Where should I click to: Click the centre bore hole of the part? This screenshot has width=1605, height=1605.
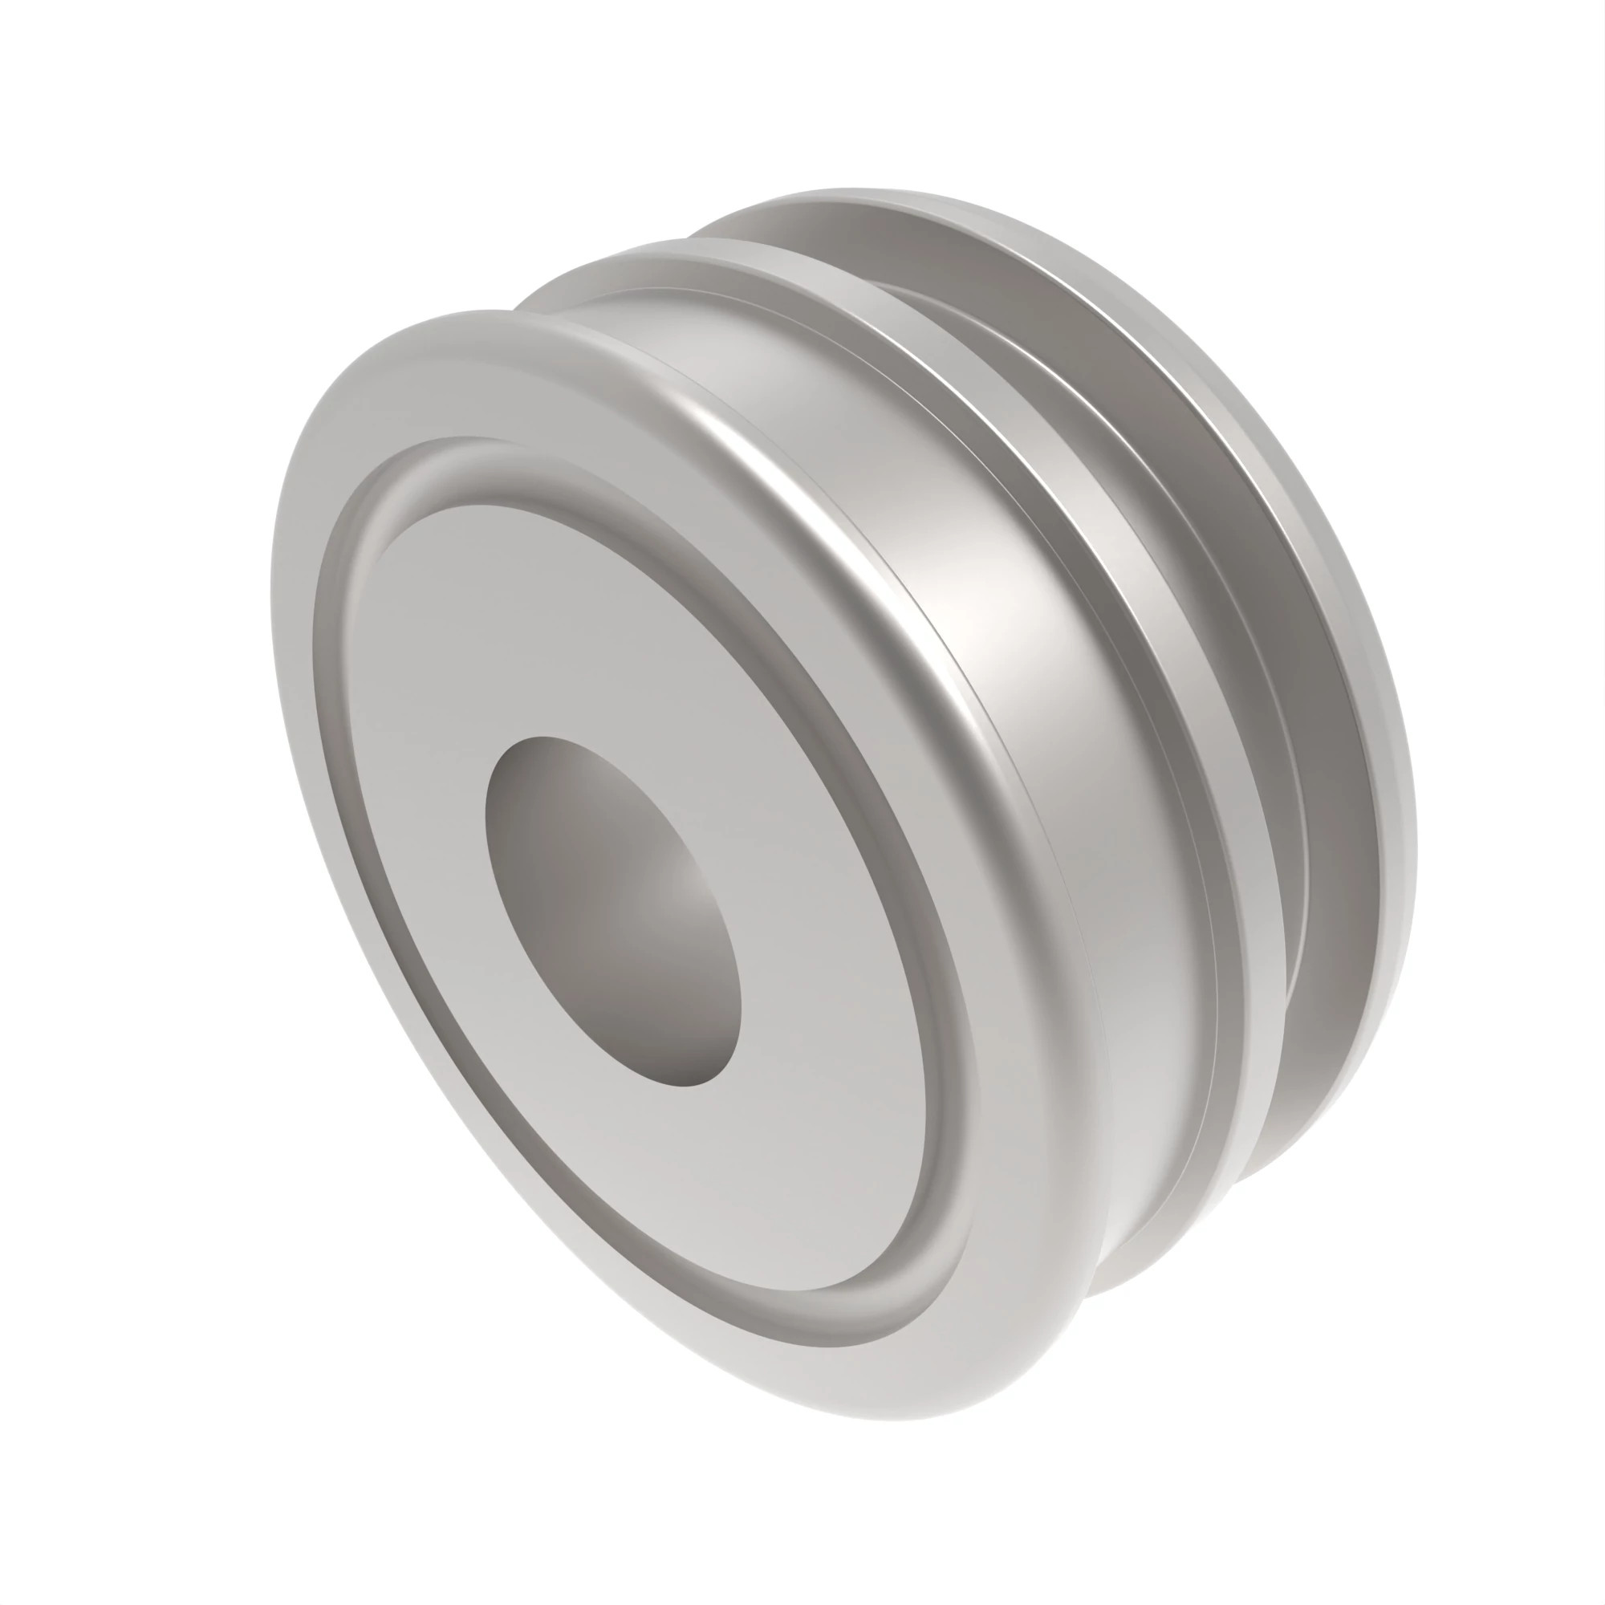click(612, 910)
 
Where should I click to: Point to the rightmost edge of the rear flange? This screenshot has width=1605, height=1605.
click(1413, 831)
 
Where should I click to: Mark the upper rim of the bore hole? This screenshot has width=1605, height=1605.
click(548, 738)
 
